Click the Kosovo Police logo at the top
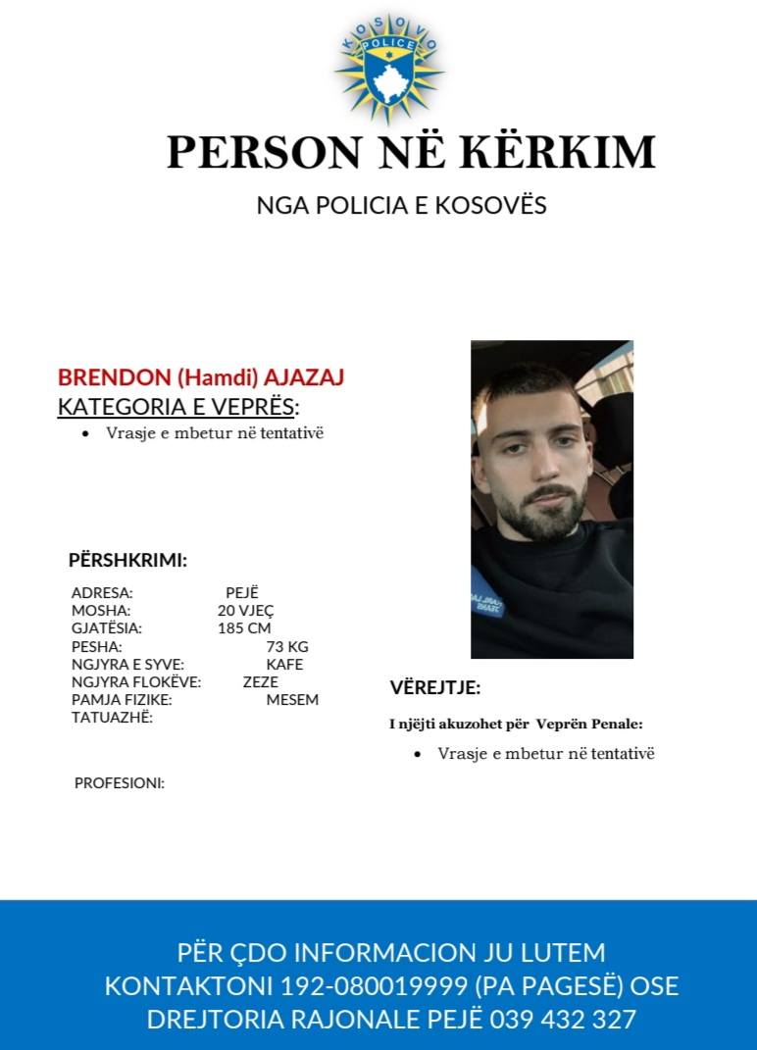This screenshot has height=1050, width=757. click(x=389, y=67)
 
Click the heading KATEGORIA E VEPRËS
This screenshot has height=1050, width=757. click(x=177, y=407)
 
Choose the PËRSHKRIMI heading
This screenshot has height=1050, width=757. click(x=127, y=561)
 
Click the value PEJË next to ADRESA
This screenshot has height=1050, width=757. click(x=241, y=593)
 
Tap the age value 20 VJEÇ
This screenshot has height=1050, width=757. click(x=245, y=611)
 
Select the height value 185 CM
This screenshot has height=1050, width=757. click(x=244, y=628)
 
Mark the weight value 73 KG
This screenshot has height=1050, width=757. click(x=287, y=647)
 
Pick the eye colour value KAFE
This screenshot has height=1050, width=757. click(x=284, y=665)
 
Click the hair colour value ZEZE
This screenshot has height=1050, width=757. click(x=261, y=682)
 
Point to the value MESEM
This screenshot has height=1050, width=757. click(x=292, y=700)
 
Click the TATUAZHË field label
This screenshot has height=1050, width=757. click(x=112, y=718)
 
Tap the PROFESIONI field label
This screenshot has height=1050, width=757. click(x=120, y=783)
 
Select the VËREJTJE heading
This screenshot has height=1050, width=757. click(x=435, y=687)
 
